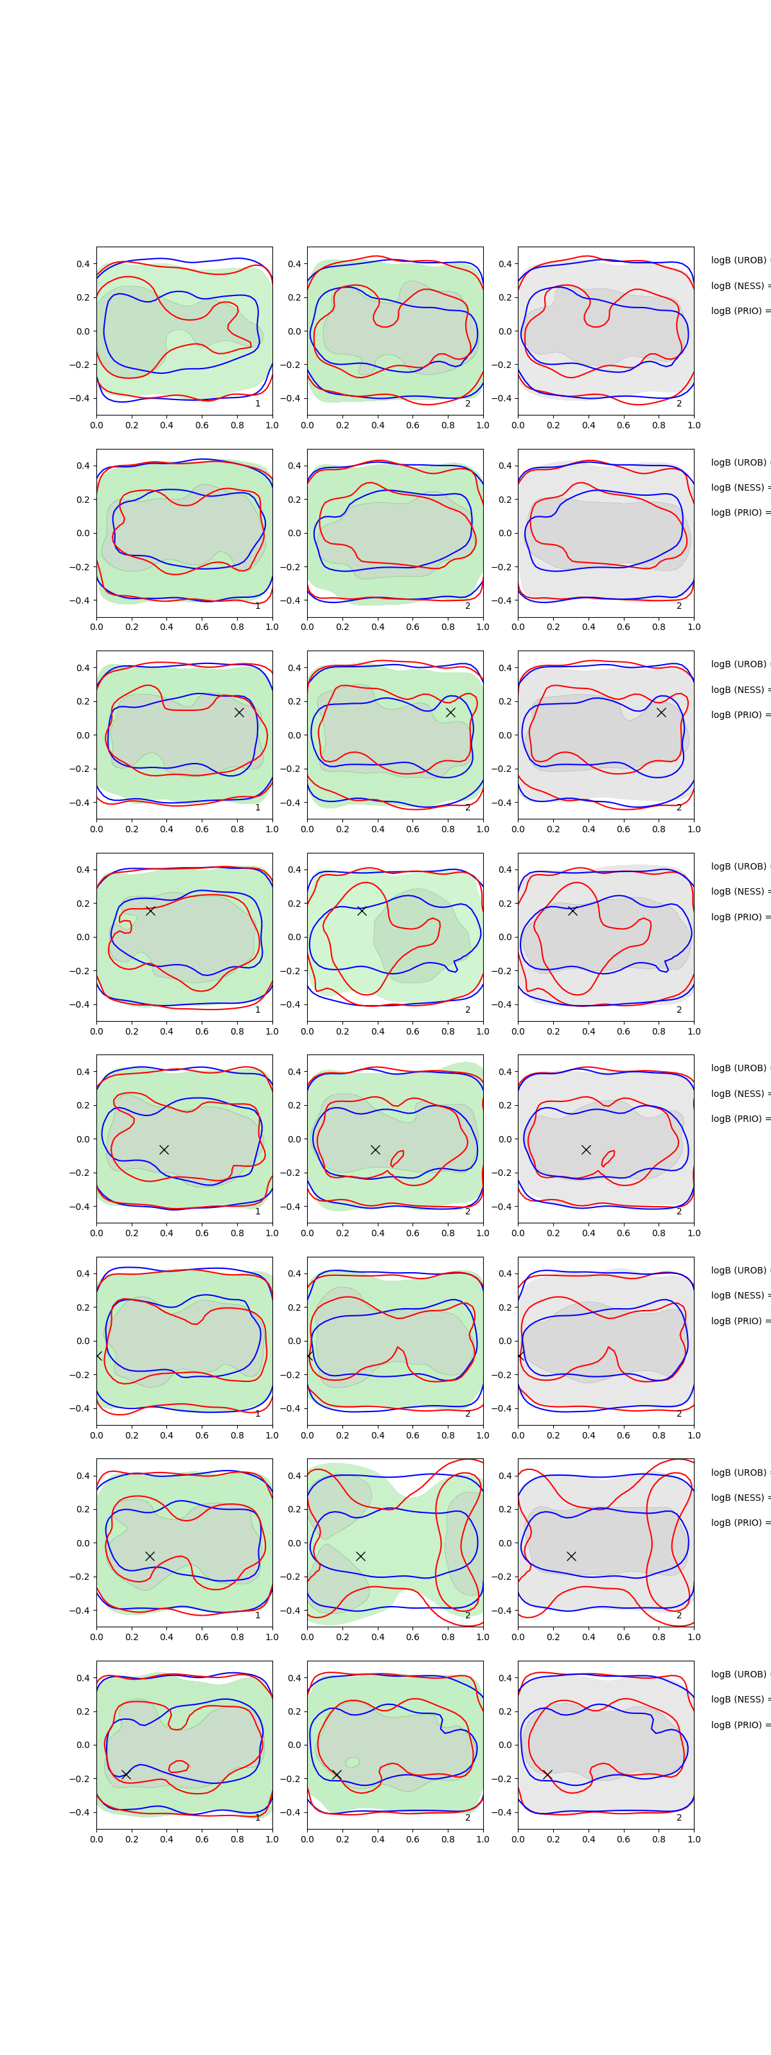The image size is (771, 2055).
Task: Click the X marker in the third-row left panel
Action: [x=238, y=712]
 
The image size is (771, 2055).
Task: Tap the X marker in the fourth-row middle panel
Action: [x=362, y=910]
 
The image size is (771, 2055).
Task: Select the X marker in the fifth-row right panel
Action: [x=586, y=1150]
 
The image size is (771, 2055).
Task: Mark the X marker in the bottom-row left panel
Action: [x=125, y=1774]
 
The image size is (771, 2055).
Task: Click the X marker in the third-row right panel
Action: [x=661, y=712]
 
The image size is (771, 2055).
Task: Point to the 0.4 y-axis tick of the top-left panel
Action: [x=83, y=264]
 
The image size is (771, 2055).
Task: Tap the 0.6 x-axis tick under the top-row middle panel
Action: [x=412, y=425]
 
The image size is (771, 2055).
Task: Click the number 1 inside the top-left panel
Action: [x=258, y=404]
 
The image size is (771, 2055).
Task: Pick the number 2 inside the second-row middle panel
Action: [x=468, y=606]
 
